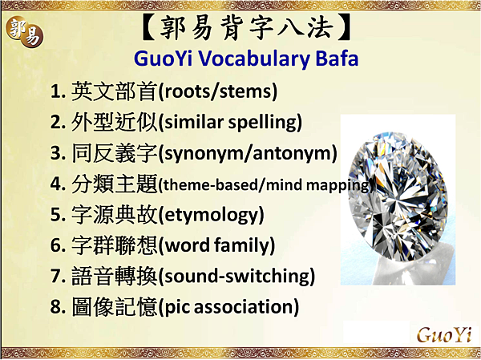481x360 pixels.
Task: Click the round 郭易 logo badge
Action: point(25,31)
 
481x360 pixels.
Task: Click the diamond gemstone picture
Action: point(398,200)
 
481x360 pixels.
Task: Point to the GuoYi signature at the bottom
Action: point(444,334)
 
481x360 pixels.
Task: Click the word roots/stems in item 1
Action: point(218,91)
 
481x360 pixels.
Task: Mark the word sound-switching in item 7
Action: point(237,277)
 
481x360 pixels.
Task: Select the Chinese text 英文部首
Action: point(115,91)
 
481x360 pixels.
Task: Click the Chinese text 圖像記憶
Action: point(115,307)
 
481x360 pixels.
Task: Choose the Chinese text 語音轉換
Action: point(115,277)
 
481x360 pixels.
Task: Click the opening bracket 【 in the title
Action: point(149,27)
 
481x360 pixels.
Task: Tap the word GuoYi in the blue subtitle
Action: point(164,58)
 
